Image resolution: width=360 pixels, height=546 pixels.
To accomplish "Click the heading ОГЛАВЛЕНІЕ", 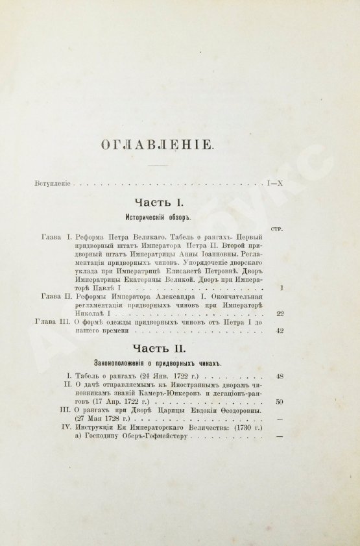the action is coord(157,144).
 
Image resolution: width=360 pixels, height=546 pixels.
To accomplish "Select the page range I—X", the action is coord(274,184).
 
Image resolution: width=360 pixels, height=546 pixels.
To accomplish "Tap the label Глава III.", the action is coord(60,321).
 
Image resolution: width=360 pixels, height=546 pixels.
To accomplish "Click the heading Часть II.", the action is coord(154,350).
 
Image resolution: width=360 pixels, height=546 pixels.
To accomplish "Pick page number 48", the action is coord(280,376).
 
